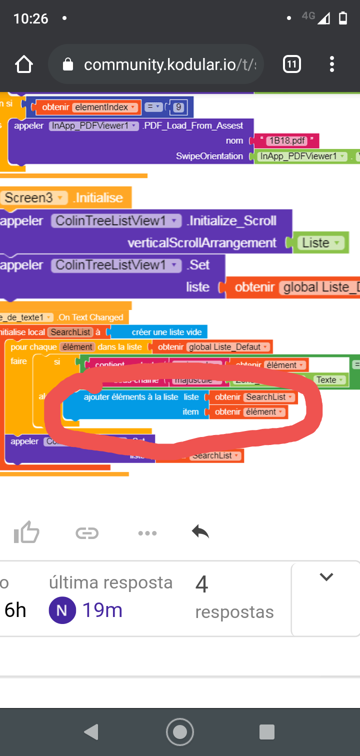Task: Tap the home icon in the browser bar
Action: [x=24, y=64]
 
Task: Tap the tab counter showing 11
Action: [x=292, y=64]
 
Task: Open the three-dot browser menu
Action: [x=332, y=64]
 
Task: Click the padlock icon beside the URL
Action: [x=67, y=64]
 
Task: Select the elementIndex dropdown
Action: [x=105, y=107]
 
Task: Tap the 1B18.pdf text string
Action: [x=286, y=140]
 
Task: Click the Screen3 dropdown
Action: [x=34, y=197]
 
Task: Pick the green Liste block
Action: [x=320, y=243]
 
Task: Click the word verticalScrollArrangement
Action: [x=202, y=243]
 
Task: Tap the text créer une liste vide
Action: [x=166, y=332]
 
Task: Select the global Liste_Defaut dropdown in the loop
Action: [x=228, y=347]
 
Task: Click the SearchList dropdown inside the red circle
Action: [x=269, y=397]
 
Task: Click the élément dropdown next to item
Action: [x=264, y=412]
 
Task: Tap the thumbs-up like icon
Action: [x=26, y=532]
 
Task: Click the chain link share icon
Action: [x=87, y=533]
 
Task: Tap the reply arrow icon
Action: [x=200, y=532]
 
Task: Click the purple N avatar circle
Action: [x=62, y=610]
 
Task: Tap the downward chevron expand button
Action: [x=326, y=577]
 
